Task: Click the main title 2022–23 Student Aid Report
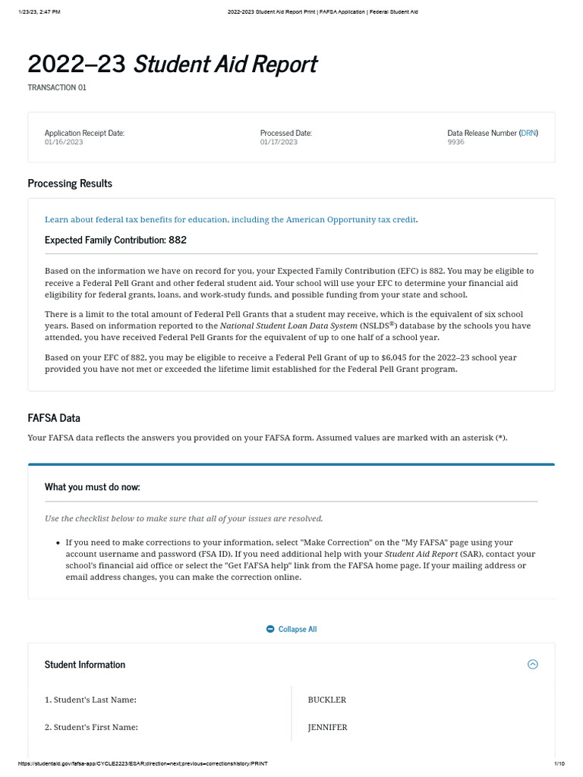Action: tap(172, 64)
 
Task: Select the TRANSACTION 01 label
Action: tap(57, 88)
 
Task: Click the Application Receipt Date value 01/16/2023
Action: tap(64, 143)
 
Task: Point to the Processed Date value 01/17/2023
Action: tap(279, 143)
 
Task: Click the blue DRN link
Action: tap(528, 134)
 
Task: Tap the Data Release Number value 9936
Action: tap(455, 143)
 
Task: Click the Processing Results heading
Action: tap(70, 184)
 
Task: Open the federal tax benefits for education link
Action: tap(230, 220)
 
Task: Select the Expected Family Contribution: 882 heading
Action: tap(115, 241)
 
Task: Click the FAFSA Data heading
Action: tap(54, 418)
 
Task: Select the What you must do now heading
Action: tap(92, 487)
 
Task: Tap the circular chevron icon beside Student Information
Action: tap(532, 665)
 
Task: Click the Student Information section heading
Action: tap(85, 665)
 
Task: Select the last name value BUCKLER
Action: tap(326, 700)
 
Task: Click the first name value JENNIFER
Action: tap(327, 728)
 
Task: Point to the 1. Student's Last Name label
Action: tap(90, 700)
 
